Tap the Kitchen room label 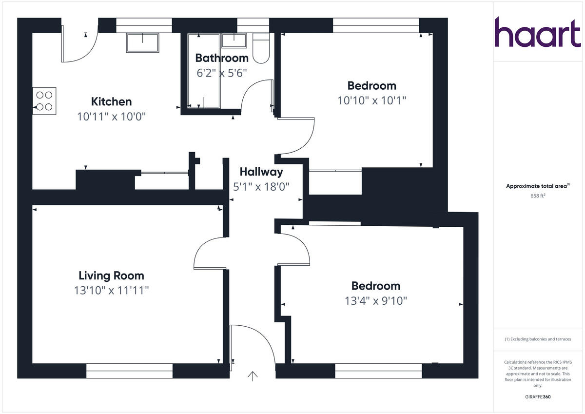coord(111,102)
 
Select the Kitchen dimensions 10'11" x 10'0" coord(111,117)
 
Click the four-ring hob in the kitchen coord(44,101)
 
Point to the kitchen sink coord(142,42)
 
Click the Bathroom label coord(222,58)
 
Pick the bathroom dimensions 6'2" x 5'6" coord(222,73)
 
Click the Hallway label coord(261,172)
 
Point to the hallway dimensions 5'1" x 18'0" coord(261,186)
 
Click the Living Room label coord(111,276)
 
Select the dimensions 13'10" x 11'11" coord(111,291)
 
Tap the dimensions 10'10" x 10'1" coord(371,100)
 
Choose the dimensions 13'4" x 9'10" coord(375,301)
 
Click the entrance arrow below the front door coord(253,376)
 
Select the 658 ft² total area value coord(538,196)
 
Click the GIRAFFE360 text coord(538,397)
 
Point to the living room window coord(129,371)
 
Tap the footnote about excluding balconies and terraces coord(538,339)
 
